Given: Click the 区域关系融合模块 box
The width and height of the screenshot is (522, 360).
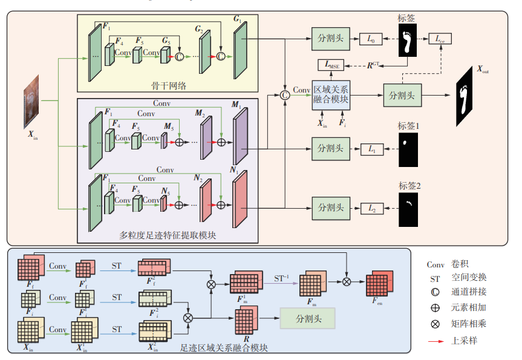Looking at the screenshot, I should coord(331,96).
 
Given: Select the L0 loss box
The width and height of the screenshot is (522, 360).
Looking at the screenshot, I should coord(371,39).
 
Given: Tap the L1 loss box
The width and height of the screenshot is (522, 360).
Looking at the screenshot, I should coord(371,148).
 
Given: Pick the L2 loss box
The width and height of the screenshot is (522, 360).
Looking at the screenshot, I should coord(371,208).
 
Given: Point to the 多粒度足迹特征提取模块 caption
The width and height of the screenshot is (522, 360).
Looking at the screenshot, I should coord(167,235).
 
